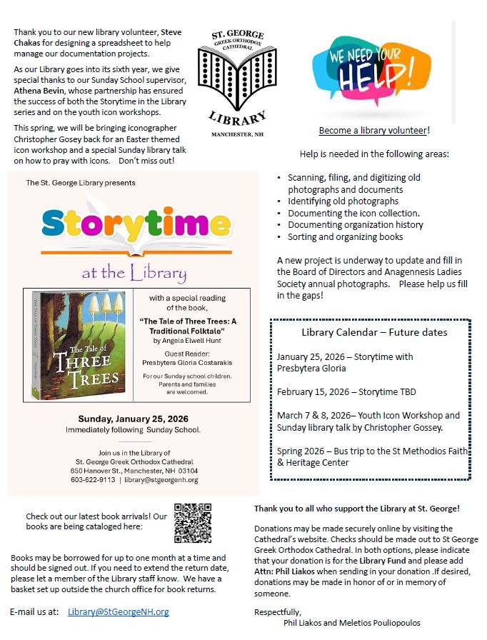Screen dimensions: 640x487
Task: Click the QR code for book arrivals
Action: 193,524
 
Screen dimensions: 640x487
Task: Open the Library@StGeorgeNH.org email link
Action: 119,612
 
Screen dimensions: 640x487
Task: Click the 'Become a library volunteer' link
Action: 373,131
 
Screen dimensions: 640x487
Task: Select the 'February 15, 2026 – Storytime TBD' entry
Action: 346,391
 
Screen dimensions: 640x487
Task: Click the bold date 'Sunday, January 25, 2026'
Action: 134,419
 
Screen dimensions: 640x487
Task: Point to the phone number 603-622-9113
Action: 93,480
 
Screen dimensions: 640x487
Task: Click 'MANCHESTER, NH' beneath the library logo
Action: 237,134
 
